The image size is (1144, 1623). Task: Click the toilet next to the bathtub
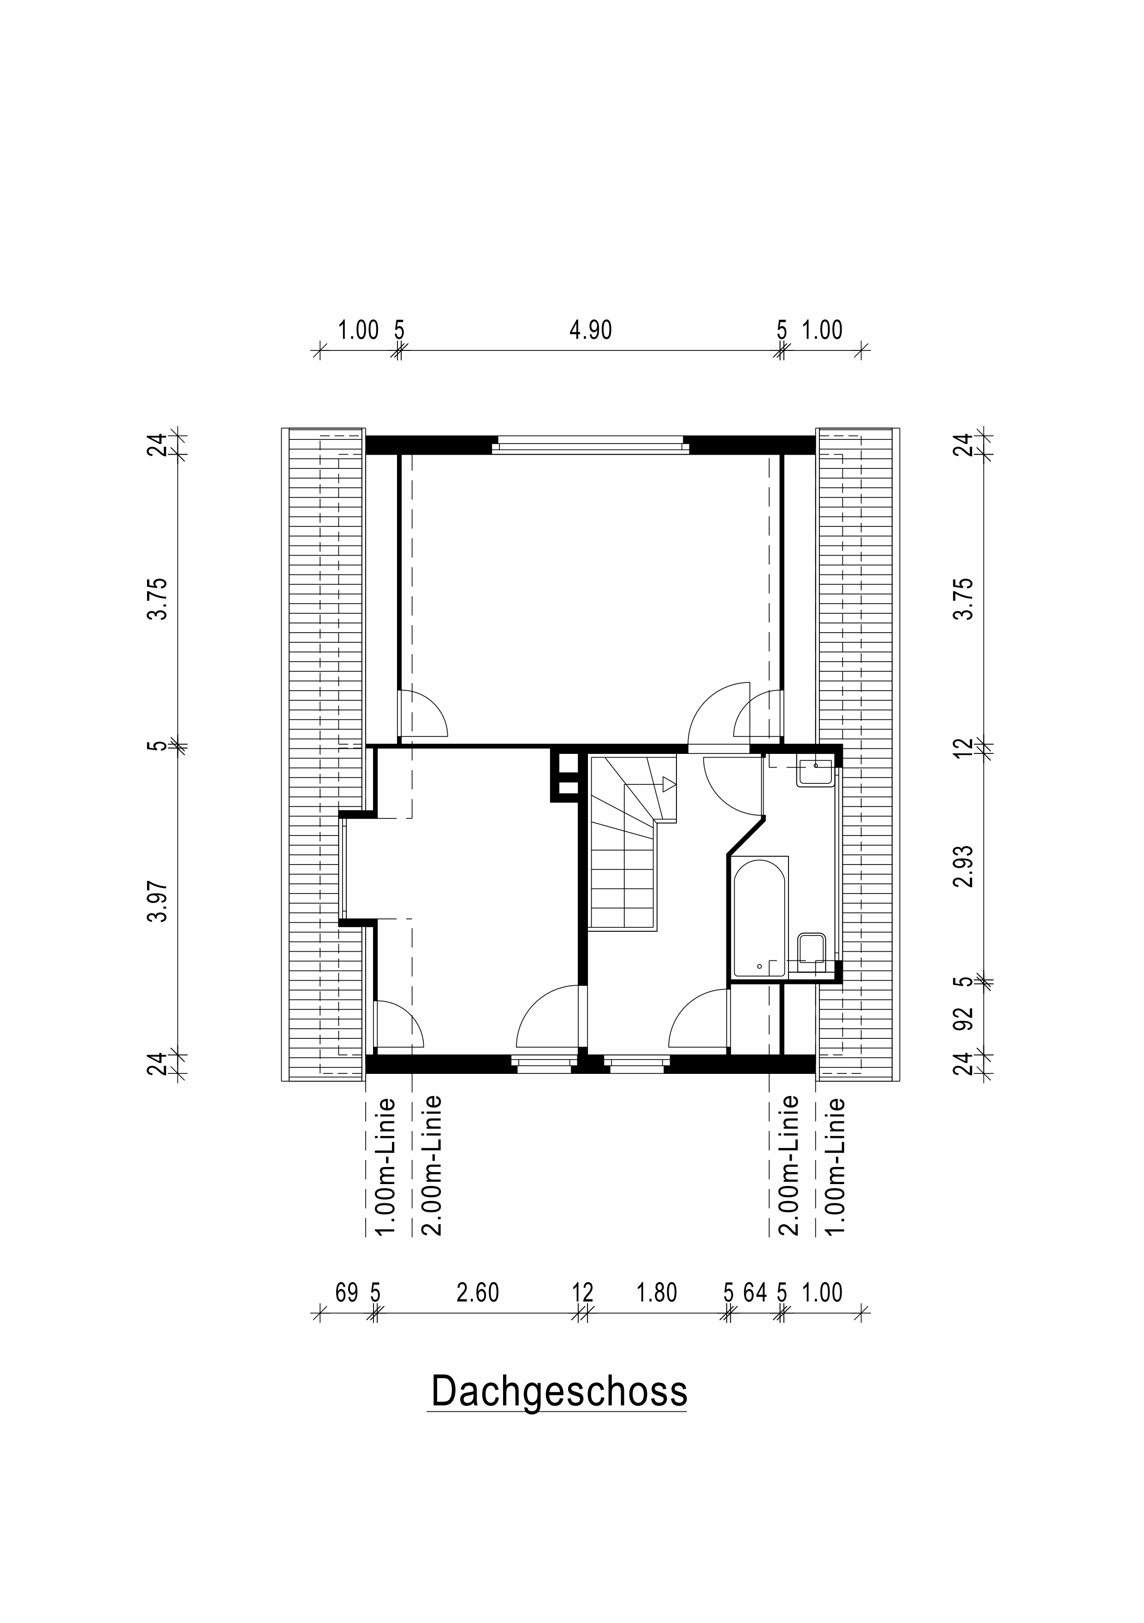pyautogui.click(x=811, y=948)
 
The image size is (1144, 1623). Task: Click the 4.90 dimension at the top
pyautogui.click(x=590, y=330)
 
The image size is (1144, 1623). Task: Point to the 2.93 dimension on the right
pyautogui.click(x=964, y=866)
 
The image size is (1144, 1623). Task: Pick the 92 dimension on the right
pyautogui.click(x=964, y=1018)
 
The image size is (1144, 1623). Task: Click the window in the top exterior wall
pyautogui.click(x=590, y=445)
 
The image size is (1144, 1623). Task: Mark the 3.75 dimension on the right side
pyautogui.click(x=964, y=599)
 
